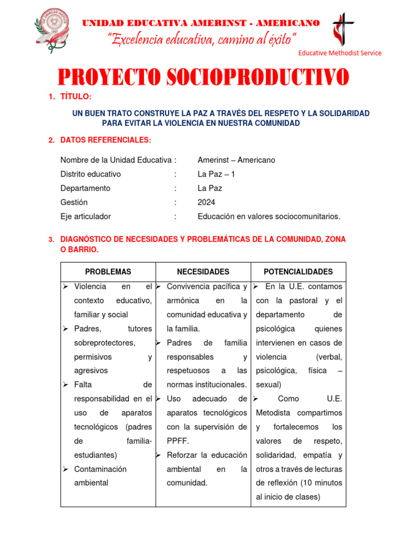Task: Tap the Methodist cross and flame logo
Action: pos(343,29)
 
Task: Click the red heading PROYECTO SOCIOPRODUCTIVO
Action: pos(203,78)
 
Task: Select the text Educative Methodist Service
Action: pos(339,53)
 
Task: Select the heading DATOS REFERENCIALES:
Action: pos(106,140)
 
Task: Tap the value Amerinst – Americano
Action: pos(236,160)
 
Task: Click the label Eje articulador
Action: pos(85,217)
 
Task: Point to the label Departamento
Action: pos(85,188)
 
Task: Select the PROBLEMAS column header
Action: pos(108,272)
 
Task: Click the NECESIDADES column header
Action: pos(203,272)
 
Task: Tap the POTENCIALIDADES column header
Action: pos(298,272)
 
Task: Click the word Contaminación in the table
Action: pos(100,469)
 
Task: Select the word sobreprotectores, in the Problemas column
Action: pos(105,343)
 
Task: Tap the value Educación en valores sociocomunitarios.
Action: pos(269,217)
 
